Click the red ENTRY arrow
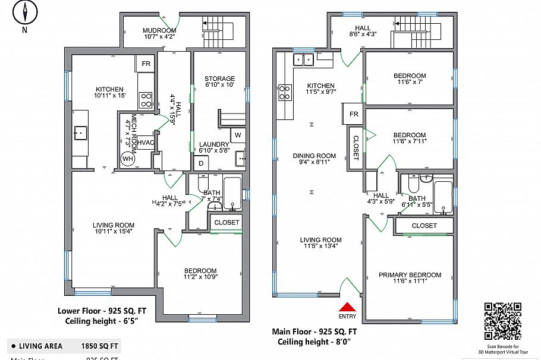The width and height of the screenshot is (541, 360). tap(347, 307)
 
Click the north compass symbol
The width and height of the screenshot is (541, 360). tap(24, 13)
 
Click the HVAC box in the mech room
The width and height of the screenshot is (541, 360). tap(146, 143)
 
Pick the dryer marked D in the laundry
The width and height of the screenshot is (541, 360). tap(201, 163)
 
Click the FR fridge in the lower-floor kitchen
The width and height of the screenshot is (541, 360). tap(145, 64)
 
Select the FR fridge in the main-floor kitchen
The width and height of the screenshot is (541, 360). tap(353, 113)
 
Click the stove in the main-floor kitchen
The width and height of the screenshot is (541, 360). tap(285, 92)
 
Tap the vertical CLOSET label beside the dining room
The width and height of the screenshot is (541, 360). tap(356, 148)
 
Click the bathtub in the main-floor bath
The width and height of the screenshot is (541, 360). tap(444, 197)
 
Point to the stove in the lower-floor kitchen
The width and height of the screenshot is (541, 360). tap(145, 99)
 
